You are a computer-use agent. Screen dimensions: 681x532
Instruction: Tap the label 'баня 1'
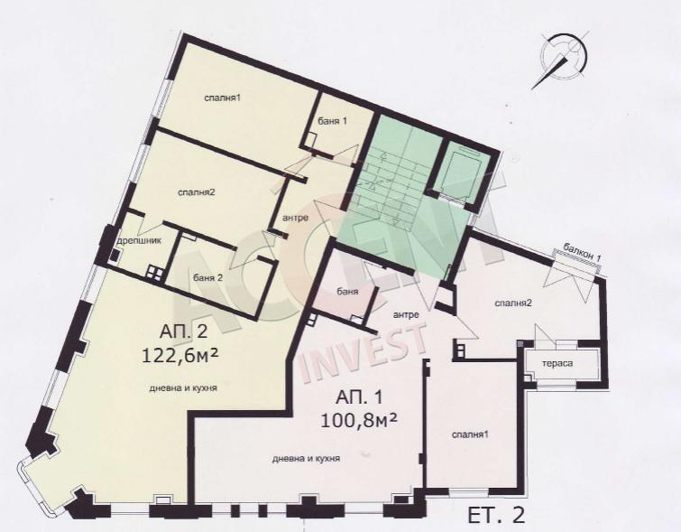332,121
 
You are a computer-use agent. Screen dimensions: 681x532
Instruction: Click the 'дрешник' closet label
140,240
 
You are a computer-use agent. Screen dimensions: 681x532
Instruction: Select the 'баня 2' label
207,278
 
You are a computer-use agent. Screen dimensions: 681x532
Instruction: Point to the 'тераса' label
557,364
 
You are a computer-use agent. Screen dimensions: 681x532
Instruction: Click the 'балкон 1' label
582,252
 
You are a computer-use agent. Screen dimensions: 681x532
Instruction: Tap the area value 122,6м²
179,356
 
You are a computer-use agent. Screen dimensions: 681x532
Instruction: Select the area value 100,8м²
359,420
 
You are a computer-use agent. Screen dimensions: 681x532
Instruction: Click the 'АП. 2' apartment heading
184,332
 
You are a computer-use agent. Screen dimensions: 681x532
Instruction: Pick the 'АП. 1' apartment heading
359,397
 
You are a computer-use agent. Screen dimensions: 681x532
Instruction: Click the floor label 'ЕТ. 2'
496,516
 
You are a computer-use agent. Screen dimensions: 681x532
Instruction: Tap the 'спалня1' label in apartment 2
223,98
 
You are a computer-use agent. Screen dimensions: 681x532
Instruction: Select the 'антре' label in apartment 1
406,314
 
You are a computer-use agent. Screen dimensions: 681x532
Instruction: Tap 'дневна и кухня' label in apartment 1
306,459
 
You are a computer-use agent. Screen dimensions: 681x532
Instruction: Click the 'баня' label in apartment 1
347,292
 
